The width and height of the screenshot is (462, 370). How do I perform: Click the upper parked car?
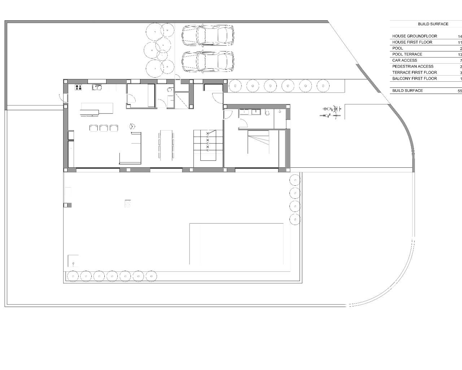(x=207, y=35)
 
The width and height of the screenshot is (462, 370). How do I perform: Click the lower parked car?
(x=207, y=62)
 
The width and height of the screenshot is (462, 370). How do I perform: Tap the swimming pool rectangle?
(x=236, y=244)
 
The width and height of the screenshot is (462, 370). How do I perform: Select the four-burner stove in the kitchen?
(x=78, y=87)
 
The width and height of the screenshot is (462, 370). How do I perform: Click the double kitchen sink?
(x=97, y=87)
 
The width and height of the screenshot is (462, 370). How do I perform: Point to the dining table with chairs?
(x=166, y=145)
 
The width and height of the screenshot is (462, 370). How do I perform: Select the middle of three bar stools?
(x=104, y=128)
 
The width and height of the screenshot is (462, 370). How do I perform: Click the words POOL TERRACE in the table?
(x=407, y=54)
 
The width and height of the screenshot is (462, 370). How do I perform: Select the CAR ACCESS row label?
(x=405, y=60)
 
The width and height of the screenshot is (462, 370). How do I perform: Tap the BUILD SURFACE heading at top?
(x=433, y=24)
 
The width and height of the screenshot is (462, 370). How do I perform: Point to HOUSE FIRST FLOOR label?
(x=412, y=42)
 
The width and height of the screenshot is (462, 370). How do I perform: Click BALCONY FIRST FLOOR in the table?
(x=414, y=78)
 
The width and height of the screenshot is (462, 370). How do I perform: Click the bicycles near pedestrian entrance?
(x=331, y=112)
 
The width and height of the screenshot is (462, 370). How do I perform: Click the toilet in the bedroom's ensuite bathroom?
(x=267, y=112)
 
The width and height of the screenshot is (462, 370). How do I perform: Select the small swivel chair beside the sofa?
(x=132, y=126)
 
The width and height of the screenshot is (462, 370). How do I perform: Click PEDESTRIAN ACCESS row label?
(x=413, y=66)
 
